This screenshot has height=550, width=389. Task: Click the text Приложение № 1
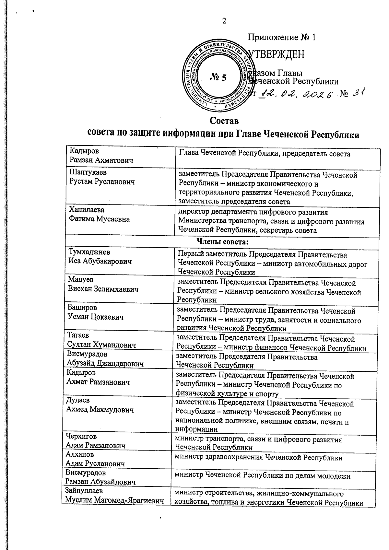click(281, 37)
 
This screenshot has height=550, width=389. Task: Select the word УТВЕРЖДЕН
click(276, 54)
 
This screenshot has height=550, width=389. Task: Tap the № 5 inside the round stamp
click(218, 77)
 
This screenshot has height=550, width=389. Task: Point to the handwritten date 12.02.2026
click(297, 94)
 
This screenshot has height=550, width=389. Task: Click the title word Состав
click(224, 121)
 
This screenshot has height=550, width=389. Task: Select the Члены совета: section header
click(222, 242)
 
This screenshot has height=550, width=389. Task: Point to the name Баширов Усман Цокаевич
click(96, 312)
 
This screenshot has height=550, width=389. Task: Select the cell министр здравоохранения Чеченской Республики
click(258, 458)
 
